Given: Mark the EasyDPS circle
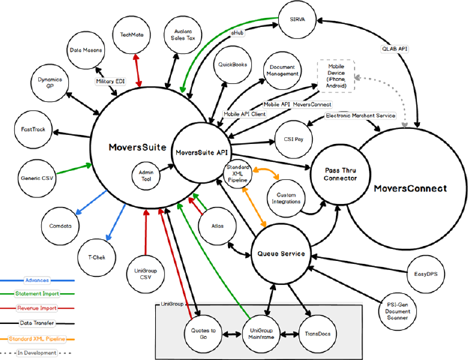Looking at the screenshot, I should click(425, 273).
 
